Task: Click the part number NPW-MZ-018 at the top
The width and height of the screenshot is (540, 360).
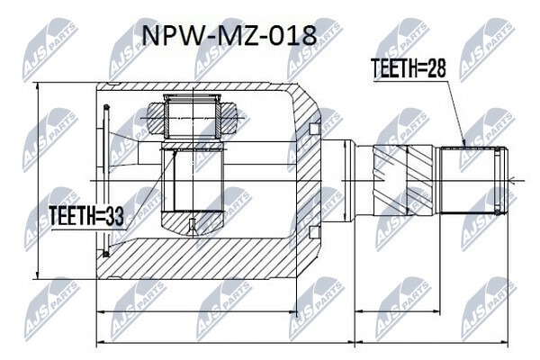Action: pyautogui.click(x=229, y=35)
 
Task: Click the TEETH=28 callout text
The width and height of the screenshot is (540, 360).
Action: pyautogui.click(x=408, y=67)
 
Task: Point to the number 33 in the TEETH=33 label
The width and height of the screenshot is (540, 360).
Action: pyautogui.click(x=114, y=216)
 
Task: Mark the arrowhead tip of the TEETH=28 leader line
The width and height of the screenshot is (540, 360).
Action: pyautogui.click(x=465, y=147)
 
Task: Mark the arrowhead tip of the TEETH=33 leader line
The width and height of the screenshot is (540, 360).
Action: pyautogui.click(x=176, y=150)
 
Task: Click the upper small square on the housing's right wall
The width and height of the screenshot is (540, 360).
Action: pyautogui.click(x=314, y=129)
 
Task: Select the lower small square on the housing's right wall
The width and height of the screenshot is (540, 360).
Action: pyautogui.click(x=314, y=232)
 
